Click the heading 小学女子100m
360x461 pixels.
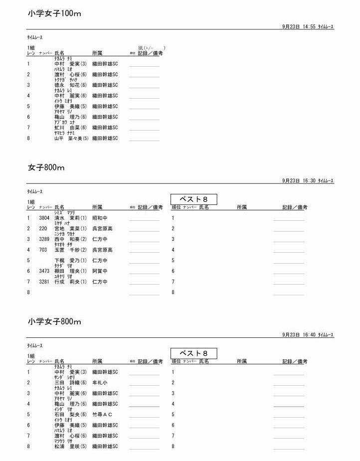click(54, 14)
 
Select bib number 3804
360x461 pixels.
click(44, 218)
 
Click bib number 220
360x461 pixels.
click(43, 228)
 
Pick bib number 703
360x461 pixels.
click(43, 250)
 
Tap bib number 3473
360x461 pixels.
click(44, 271)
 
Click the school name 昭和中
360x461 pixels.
click(100, 218)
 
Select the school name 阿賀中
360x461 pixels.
click(100, 271)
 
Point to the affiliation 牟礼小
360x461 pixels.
click(100, 383)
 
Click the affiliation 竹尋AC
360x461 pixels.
click(102, 415)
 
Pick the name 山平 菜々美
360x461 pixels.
click(71, 139)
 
